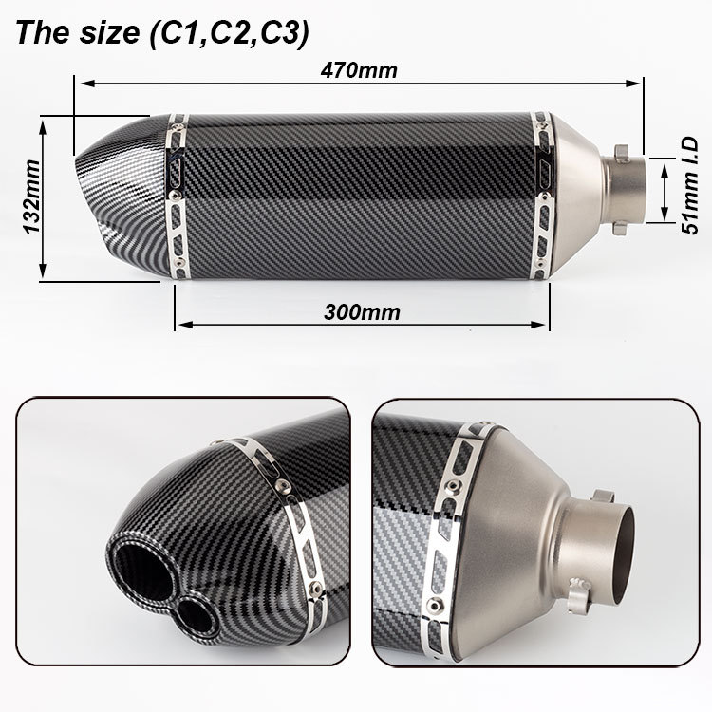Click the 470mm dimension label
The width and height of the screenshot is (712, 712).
click(x=359, y=70)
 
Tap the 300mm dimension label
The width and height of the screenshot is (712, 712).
click(x=362, y=312)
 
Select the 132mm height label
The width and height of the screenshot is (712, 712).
click(x=31, y=197)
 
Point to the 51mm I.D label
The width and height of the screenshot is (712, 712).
click(x=689, y=186)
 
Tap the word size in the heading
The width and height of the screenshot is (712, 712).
click(x=109, y=33)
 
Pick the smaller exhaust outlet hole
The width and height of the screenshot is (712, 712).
click(x=195, y=615)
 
